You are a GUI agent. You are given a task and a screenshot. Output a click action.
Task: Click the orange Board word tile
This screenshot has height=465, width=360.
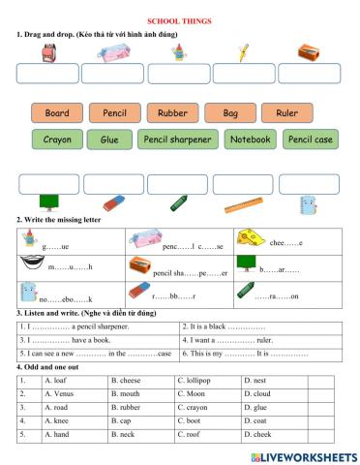pos(57,113)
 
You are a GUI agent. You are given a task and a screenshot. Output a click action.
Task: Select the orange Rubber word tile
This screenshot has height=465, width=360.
pos(172,113)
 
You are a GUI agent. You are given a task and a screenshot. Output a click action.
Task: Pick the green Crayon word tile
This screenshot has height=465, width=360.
pos(57,139)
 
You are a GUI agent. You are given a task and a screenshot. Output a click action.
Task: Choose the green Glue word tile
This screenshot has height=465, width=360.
pos(109,139)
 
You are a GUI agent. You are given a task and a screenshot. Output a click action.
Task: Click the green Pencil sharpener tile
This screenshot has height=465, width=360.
pos(176,139)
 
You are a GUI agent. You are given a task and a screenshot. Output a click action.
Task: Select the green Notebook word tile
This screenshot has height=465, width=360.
pos(250,139)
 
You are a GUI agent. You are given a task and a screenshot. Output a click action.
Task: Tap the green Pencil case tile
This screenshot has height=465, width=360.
pos(311,139)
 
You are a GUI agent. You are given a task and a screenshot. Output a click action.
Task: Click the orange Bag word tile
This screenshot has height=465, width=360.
pos(229,113)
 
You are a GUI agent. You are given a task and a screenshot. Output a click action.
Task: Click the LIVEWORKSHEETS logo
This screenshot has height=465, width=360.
pos(301,454)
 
